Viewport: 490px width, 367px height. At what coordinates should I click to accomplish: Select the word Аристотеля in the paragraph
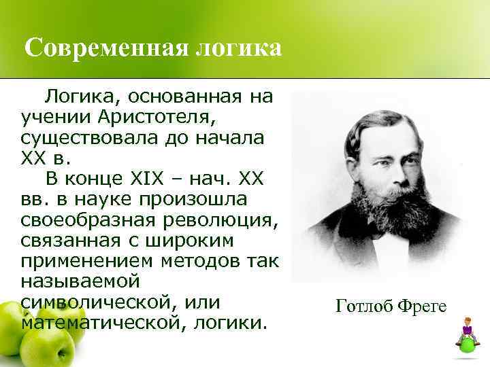coord(166,118)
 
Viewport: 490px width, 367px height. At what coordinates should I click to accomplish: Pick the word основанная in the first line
coord(167,98)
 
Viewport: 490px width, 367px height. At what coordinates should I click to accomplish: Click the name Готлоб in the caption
coord(365,307)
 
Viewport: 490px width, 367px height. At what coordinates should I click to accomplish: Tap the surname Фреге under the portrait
coord(422,307)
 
